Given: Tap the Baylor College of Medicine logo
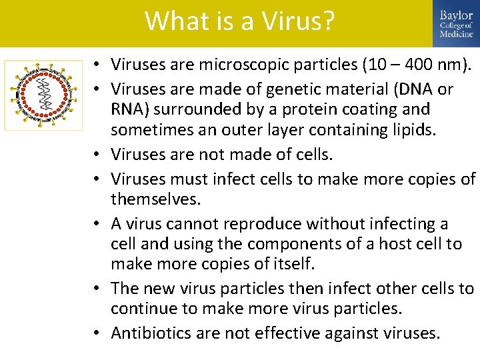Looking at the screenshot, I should click(456, 23).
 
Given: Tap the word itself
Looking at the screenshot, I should click(291, 263).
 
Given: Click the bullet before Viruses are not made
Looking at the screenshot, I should click(97, 155).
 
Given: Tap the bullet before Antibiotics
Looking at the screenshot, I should click(97, 333).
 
